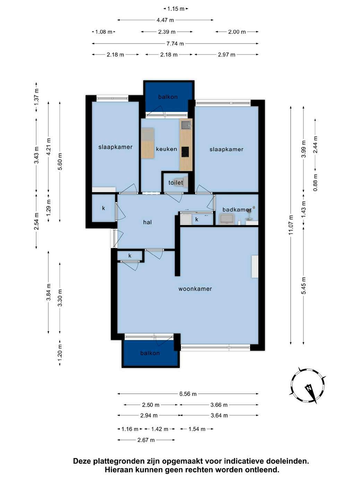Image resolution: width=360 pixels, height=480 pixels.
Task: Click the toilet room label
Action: click(175, 182)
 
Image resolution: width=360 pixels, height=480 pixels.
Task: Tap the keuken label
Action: click(166, 149)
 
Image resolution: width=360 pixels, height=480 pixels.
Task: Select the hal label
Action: click(147, 222)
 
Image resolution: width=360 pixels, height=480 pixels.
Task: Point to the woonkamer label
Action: click(195, 289)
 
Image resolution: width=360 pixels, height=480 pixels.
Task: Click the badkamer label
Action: click(237, 210)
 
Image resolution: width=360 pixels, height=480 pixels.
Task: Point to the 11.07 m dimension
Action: click(291, 225)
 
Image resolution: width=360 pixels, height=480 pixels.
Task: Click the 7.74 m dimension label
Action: click(175, 44)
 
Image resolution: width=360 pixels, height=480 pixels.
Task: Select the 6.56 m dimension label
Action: click(188, 394)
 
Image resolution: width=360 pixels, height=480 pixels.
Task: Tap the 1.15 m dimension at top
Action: click(176, 9)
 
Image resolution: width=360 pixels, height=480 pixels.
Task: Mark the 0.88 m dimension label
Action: click(315, 182)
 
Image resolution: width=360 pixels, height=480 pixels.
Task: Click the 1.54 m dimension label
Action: click(197, 429)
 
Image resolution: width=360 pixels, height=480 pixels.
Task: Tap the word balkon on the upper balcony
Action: click(168, 97)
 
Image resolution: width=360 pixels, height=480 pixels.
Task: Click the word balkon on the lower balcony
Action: click(150, 353)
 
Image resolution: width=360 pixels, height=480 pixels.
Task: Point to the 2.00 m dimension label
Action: click(237, 32)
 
